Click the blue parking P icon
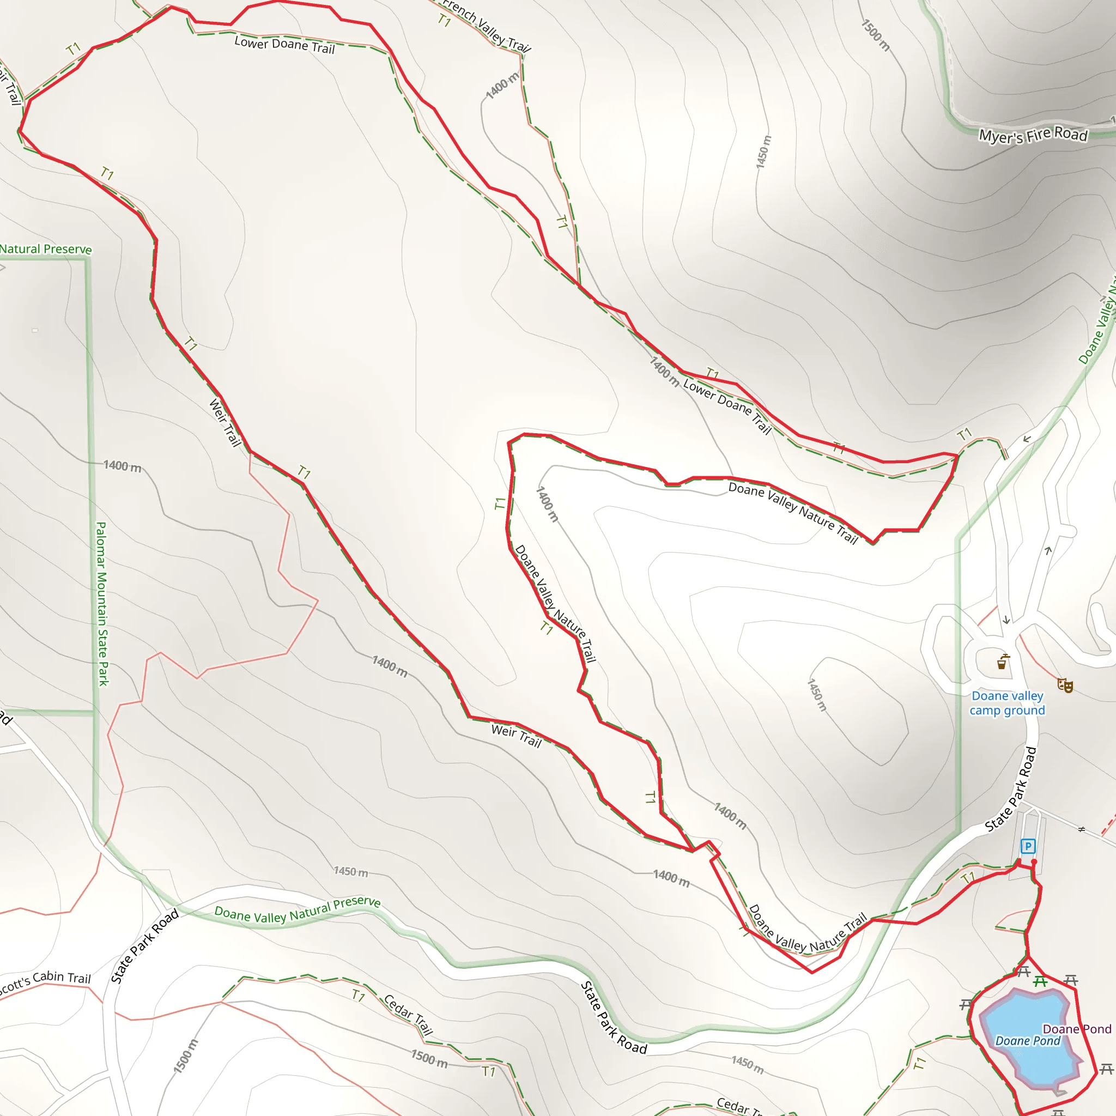(1028, 846)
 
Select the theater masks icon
(1065, 685)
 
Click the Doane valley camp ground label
(1008, 703)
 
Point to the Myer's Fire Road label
(1033, 135)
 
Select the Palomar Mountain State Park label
(102, 604)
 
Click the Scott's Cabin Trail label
(45, 982)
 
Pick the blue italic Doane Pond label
(1028, 1041)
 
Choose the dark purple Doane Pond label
(1077, 1029)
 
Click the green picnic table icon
(1040, 981)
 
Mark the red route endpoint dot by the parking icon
(1034, 862)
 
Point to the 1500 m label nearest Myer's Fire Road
(876, 35)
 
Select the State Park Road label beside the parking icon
(1011, 790)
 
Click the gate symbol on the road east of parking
(1082, 829)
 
